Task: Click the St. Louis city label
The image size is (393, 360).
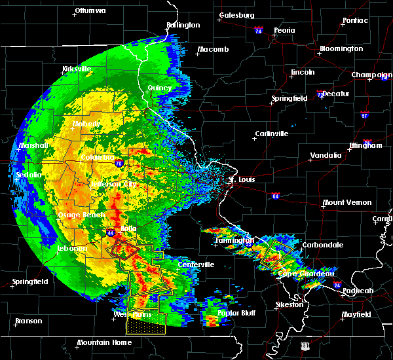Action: click(x=241, y=179)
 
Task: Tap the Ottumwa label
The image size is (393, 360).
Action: click(x=90, y=11)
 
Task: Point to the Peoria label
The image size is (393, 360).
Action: click(x=284, y=30)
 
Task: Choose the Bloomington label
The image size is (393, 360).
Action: click(x=341, y=49)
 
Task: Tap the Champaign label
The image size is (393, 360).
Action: click(x=371, y=75)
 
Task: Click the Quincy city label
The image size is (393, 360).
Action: click(x=160, y=88)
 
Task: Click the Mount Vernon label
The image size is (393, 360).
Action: click(x=347, y=203)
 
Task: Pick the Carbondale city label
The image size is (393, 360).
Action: click(x=322, y=245)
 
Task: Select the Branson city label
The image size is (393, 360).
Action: click(x=28, y=321)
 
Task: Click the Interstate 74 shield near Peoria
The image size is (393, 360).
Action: click(x=259, y=31)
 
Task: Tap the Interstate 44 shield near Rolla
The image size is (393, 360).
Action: click(x=109, y=232)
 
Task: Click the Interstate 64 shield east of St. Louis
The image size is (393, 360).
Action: click(x=277, y=195)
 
